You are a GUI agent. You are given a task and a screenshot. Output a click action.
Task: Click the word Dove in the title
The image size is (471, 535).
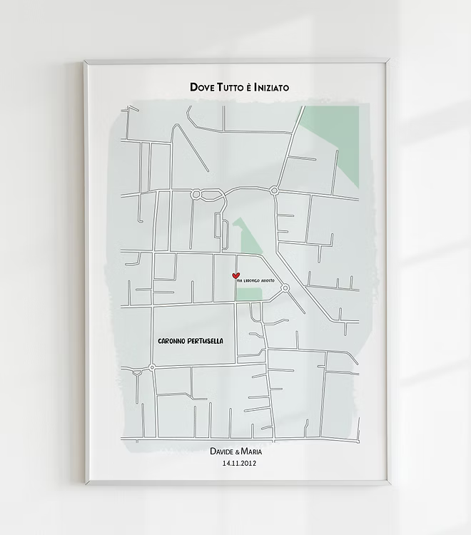pyautogui.click(x=202, y=87)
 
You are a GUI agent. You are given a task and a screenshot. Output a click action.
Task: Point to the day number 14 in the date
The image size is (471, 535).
pyautogui.click(x=227, y=463)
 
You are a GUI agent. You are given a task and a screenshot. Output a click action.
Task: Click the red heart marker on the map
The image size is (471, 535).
pyautogui.click(x=236, y=276)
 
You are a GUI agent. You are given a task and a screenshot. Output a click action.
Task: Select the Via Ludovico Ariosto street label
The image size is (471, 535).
pyautogui.click(x=255, y=281)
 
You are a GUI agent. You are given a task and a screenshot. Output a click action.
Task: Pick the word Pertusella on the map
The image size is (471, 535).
pyautogui.click(x=206, y=341)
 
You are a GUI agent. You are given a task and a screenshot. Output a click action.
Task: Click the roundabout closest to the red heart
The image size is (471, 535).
pyautogui.click(x=285, y=288)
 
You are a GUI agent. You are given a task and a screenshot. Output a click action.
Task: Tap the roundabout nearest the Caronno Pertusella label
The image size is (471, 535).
pyautogui.click(x=152, y=367)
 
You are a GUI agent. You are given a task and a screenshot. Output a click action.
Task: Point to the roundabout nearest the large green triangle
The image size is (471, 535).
pyautogui.click(x=274, y=190)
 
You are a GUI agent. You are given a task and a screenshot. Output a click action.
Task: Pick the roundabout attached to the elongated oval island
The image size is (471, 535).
pyautogui.click(x=196, y=193)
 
